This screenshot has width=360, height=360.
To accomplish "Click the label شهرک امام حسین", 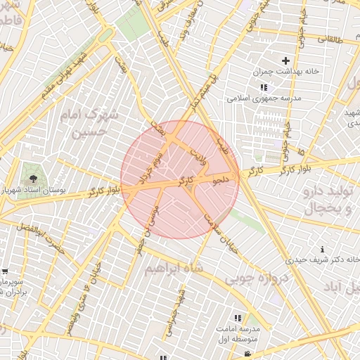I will coord(90,122).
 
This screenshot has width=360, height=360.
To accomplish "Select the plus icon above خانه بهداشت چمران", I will coord(286,61).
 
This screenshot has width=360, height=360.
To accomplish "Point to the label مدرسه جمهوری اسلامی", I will coord(264,98).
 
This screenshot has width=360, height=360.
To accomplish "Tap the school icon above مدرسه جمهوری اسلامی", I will coord(264,87).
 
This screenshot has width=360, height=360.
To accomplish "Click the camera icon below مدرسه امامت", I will coord(248,355).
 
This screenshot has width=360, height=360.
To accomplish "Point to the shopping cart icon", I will coord(5,271).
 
